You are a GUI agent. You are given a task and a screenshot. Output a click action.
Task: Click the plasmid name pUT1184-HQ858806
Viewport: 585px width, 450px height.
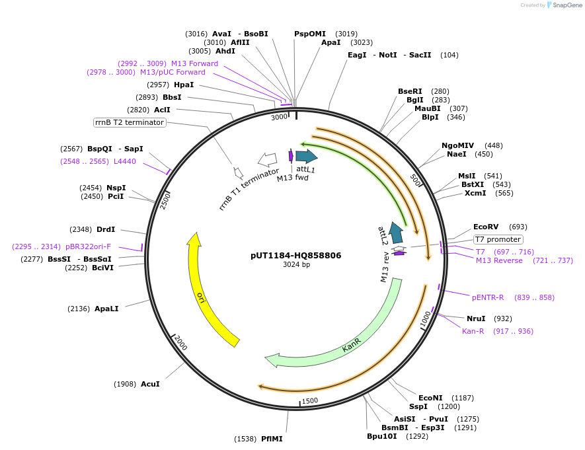pyautogui.click(x=295, y=255)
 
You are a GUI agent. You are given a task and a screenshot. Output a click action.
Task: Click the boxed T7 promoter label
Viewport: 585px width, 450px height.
pyautogui.click(x=498, y=239)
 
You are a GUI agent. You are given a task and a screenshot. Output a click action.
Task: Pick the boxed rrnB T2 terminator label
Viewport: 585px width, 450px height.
pyautogui.click(x=129, y=122)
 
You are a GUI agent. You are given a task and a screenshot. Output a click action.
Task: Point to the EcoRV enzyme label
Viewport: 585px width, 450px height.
pyautogui.click(x=486, y=227)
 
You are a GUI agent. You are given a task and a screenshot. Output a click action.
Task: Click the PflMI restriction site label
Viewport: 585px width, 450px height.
pyautogui.click(x=272, y=439)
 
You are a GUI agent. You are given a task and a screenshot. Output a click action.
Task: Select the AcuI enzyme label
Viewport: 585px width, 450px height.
pyautogui.click(x=150, y=384)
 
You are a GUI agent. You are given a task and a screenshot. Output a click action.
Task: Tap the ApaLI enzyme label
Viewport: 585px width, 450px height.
pyautogui.click(x=106, y=309)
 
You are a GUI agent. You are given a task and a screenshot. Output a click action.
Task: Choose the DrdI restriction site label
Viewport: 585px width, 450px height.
pyautogui.click(x=106, y=229)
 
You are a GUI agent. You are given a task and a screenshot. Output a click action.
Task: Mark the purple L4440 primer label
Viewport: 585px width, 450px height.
pyautogui.click(x=125, y=161)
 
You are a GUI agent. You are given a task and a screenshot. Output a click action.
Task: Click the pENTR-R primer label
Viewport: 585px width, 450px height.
pyautogui.click(x=488, y=297)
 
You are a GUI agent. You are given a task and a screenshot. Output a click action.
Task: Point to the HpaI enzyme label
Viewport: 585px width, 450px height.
pyautogui.click(x=184, y=85)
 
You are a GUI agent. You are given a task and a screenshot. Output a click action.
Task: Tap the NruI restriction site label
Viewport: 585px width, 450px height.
pyautogui.click(x=476, y=319)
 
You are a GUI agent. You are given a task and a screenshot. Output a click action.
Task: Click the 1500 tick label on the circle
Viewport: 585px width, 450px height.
pyautogui.click(x=309, y=400)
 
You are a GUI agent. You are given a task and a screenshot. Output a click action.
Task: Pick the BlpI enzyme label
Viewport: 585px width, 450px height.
pyautogui.click(x=434, y=117)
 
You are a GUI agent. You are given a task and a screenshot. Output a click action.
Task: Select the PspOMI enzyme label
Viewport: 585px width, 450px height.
pyautogui.click(x=310, y=34)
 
